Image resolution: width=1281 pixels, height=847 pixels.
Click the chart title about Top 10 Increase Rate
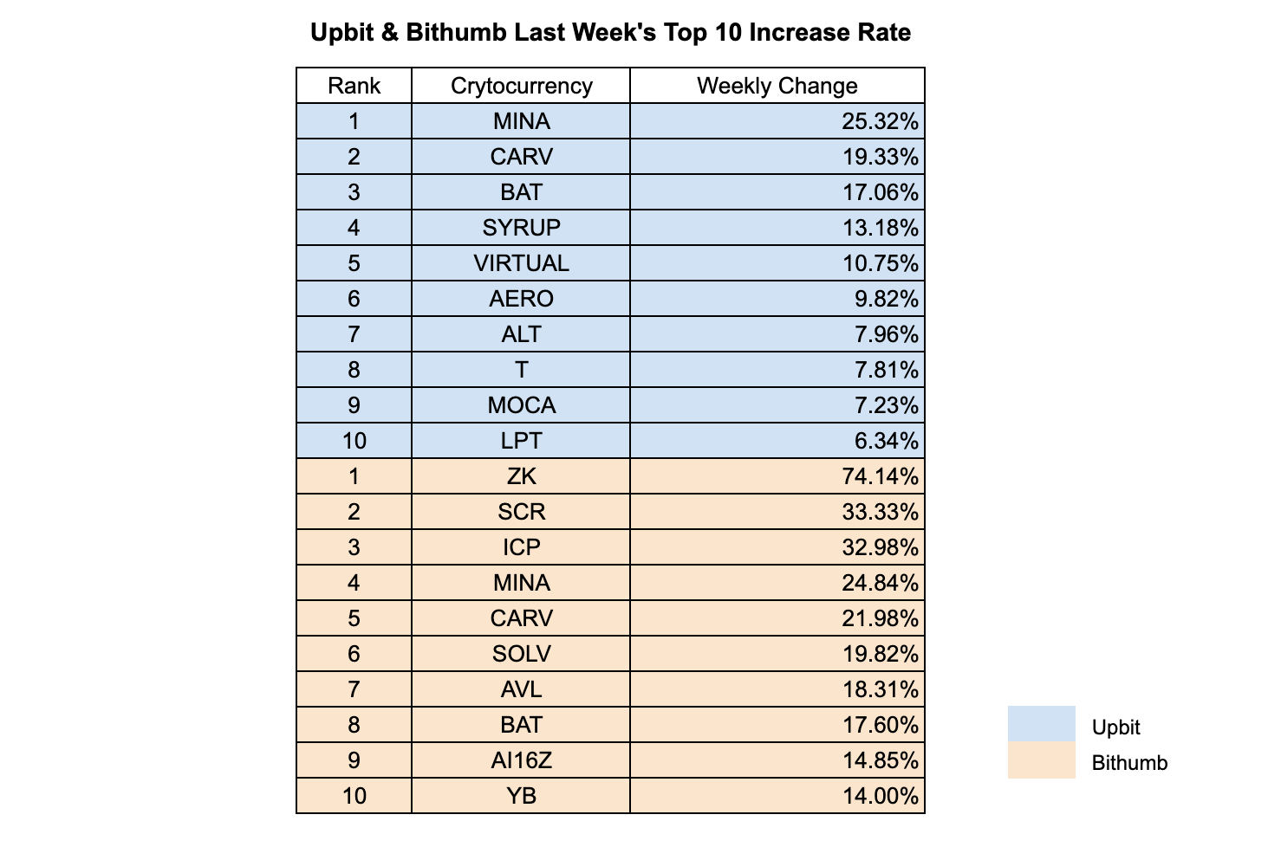click(610, 33)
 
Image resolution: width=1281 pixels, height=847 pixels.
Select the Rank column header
click(354, 86)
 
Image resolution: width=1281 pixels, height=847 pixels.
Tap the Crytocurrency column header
click(521, 86)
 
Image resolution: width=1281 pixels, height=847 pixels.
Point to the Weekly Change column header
click(777, 86)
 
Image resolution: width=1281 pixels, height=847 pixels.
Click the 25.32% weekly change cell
click(880, 121)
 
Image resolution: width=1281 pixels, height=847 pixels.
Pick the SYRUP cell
click(521, 228)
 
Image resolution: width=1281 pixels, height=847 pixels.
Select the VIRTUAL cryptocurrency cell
click(521, 263)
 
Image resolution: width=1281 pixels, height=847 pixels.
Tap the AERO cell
click(521, 299)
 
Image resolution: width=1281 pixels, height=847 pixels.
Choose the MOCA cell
click(521, 405)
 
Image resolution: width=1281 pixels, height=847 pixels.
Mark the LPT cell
click(521, 441)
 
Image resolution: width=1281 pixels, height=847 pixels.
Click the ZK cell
click(521, 476)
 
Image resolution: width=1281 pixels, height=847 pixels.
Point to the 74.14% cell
click(880, 476)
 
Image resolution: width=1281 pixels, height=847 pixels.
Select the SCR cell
click(521, 512)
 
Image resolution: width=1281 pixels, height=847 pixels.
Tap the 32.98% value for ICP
click(880, 547)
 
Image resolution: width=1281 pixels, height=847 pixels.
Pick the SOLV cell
click(521, 654)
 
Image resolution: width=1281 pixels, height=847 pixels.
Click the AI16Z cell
click(521, 760)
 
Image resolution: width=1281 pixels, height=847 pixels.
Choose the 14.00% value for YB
click(880, 796)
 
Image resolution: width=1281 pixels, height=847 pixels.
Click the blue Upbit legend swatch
click(1041, 724)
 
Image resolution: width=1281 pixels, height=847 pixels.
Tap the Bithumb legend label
click(1129, 763)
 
